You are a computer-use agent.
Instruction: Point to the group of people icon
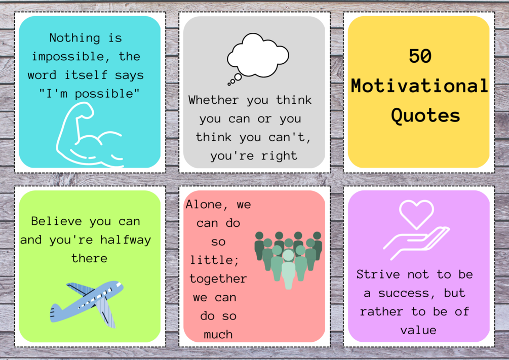coord(288,259)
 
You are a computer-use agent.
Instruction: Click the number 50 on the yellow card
coord(420,56)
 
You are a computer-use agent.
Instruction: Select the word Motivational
coord(419,86)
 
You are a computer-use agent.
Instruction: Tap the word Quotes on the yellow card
coord(425,115)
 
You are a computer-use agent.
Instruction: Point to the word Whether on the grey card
coord(213,100)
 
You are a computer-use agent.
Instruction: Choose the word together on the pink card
coord(218,278)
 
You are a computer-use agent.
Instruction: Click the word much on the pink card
coord(218,334)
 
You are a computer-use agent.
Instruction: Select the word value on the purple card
coord(418,330)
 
